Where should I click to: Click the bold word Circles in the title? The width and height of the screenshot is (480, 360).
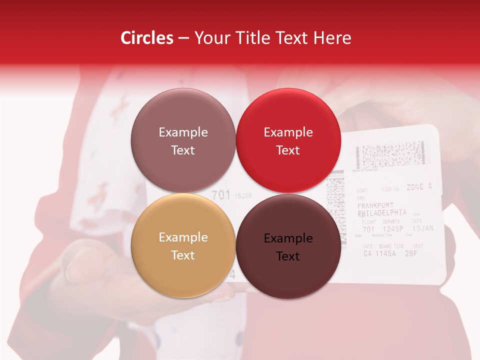[x=147, y=38]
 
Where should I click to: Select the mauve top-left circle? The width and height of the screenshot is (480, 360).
[x=183, y=140]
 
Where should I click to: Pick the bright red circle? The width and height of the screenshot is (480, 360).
[x=288, y=140]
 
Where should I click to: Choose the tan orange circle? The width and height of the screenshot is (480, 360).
[x=183, y=245]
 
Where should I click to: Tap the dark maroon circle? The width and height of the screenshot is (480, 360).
[x=288, y=246]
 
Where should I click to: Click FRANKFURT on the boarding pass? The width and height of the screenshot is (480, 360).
[x=375, y=205]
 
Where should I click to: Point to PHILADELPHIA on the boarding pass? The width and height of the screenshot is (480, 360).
[x=382, y=212]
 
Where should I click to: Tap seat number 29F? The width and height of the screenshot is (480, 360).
[x=411, y=253]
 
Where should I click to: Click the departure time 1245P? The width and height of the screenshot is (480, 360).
[x=393, y=229]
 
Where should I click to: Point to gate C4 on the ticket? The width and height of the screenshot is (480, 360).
[x=367, y=253]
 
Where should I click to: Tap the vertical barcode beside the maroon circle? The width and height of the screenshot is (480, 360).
[x=335, y=202]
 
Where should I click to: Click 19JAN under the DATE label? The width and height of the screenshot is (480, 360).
[x=422, y=228]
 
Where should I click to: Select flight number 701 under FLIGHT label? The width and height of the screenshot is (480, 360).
[x=368, y=229]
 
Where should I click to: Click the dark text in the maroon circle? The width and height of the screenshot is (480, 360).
[x=288, y=247]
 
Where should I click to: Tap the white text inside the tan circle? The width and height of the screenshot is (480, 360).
[x=183, y=246]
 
